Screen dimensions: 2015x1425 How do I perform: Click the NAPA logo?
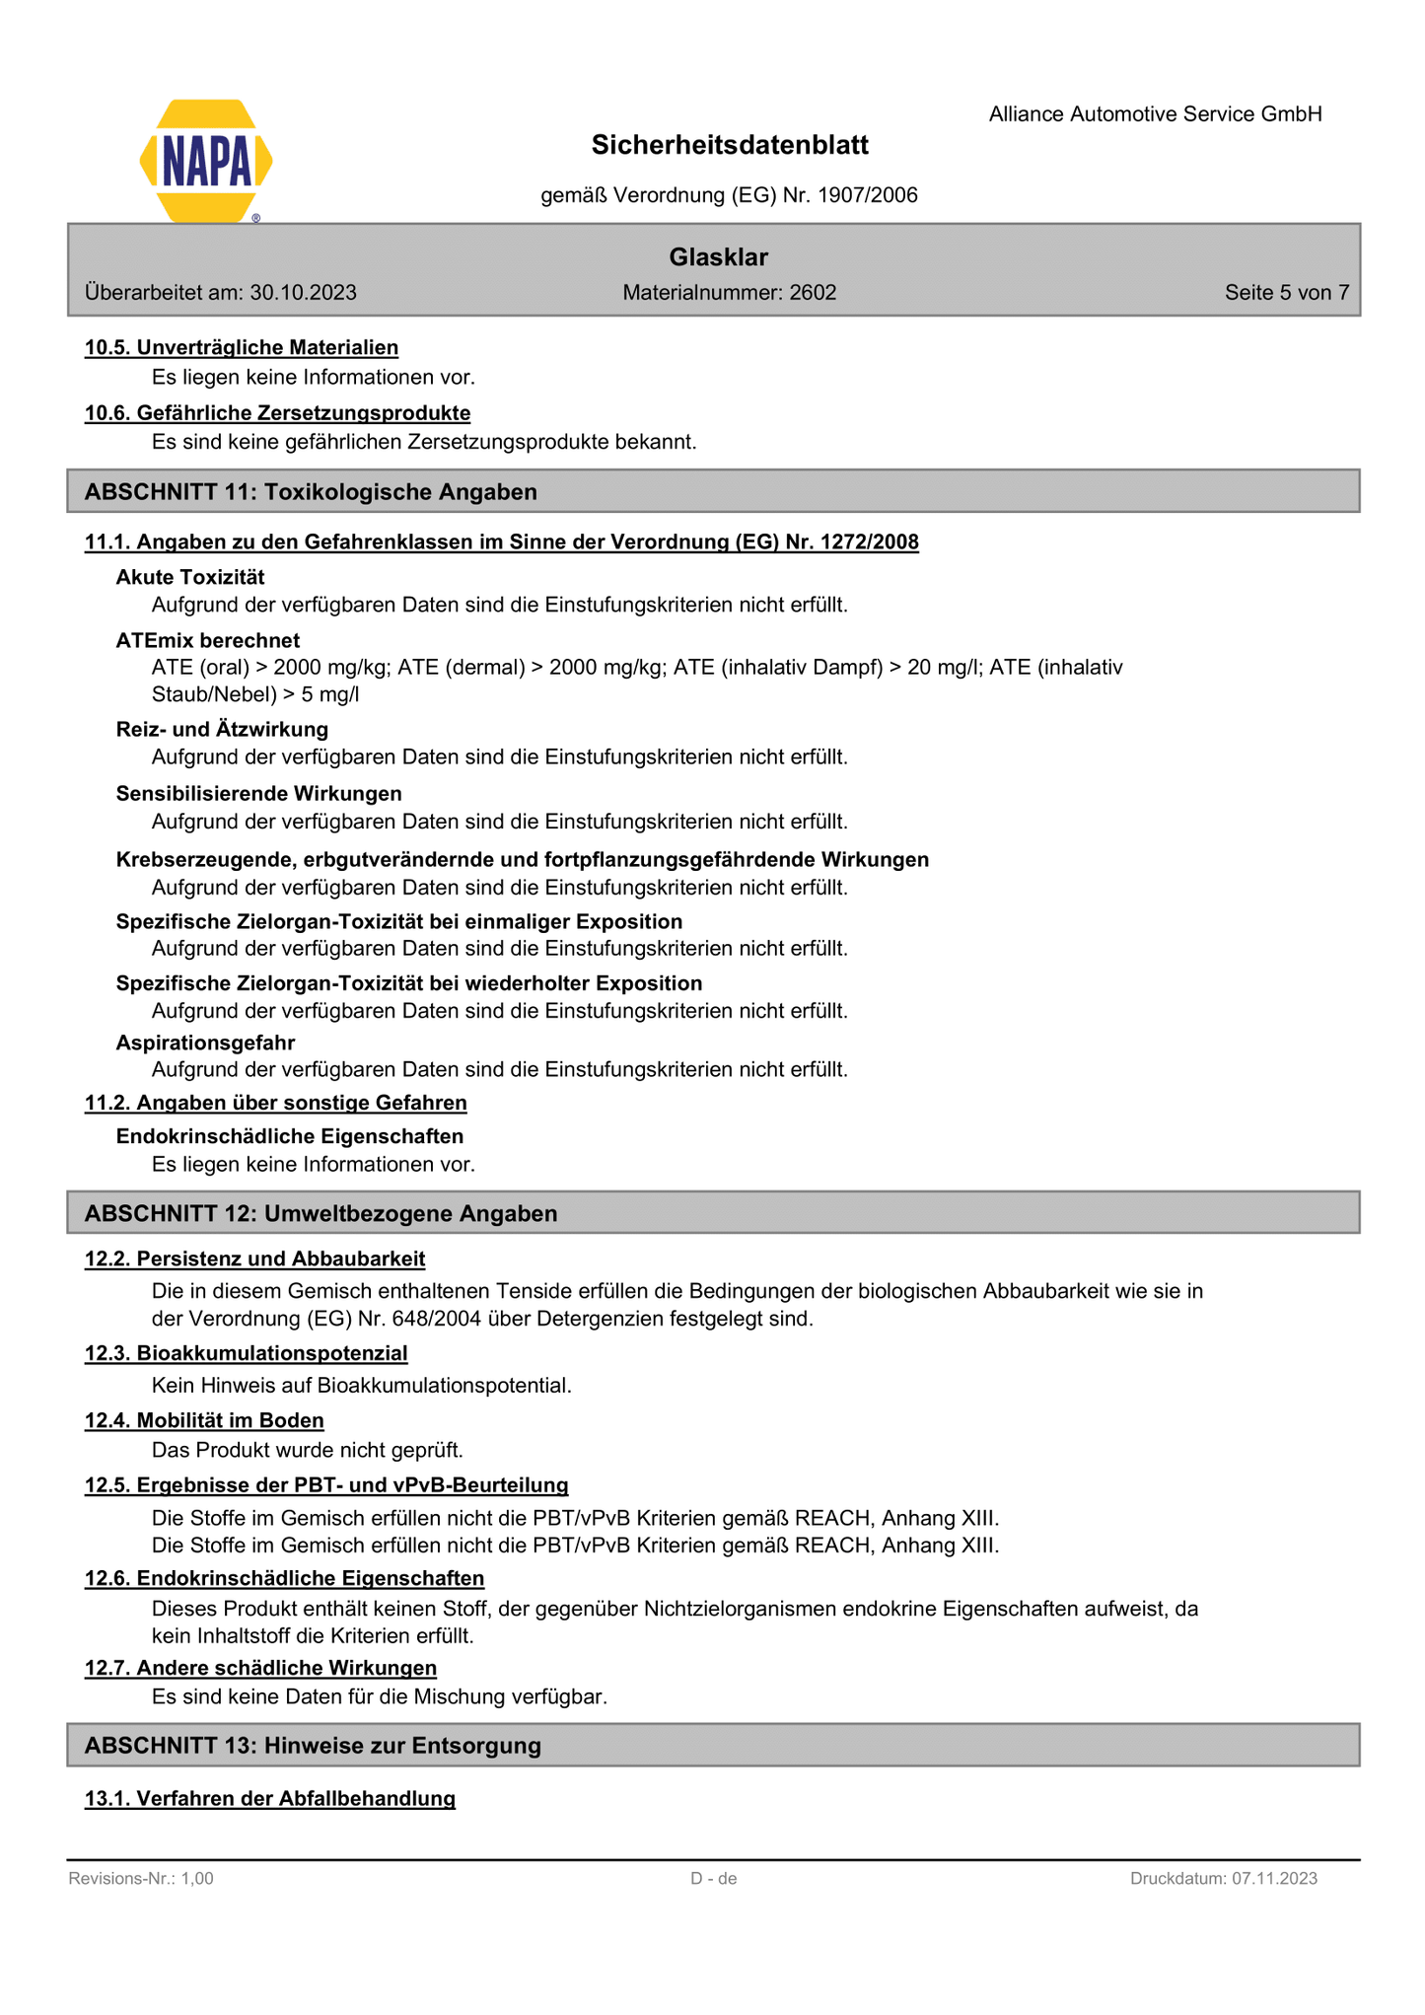coord(206,161)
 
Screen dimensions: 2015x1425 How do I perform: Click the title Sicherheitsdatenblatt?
coord(730,146)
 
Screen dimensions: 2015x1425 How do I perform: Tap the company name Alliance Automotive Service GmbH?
coord(1155,114)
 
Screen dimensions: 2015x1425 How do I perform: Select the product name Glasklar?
coord(718,257)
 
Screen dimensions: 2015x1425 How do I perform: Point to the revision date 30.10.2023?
coord(303,293)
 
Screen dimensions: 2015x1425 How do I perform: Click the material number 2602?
coord(813,293)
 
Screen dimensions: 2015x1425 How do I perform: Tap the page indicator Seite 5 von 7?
coord(1286,293)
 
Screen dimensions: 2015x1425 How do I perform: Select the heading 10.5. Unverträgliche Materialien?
coord(242,347)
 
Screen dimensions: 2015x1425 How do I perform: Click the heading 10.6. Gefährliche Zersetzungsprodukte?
coord(277,412)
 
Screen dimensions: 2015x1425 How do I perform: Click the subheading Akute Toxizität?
coord(190,577)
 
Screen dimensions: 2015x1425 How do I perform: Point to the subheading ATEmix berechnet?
coord(208,640)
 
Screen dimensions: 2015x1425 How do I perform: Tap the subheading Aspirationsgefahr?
coord(205,1043)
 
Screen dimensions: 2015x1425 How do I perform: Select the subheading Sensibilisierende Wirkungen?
coord(258,794)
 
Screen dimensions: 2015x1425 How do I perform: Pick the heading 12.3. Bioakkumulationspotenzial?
coord(246,1353)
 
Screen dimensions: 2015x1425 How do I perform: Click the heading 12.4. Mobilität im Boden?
coord(204,1420)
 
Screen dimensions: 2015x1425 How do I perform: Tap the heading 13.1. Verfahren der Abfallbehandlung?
coord(270,1798)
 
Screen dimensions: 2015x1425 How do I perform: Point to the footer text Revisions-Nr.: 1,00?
coord(141,1879)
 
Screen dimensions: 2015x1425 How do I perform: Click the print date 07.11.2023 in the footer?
coord(1273,1879)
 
